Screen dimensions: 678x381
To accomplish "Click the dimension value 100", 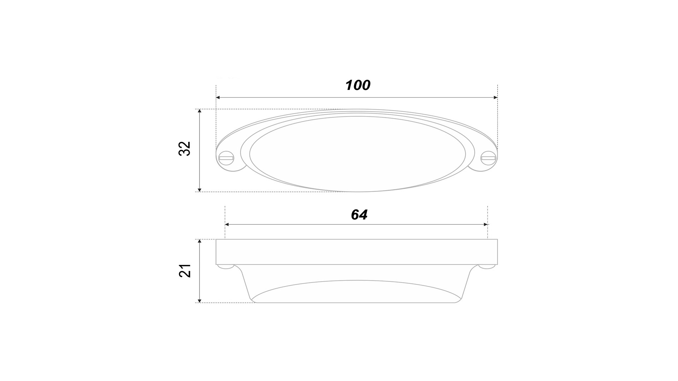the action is click(358, 85).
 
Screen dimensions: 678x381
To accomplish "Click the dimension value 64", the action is click(359, 214).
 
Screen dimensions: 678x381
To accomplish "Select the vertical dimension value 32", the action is click(184, 149).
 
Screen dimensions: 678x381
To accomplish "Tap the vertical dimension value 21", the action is click(185, 271).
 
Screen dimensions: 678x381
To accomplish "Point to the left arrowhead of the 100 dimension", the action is click(218, 97).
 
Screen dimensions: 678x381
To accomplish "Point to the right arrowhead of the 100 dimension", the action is click(495, 97).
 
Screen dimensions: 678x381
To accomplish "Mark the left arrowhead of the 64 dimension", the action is click(227, 224).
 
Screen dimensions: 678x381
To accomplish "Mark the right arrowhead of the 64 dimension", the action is click(486, 224).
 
